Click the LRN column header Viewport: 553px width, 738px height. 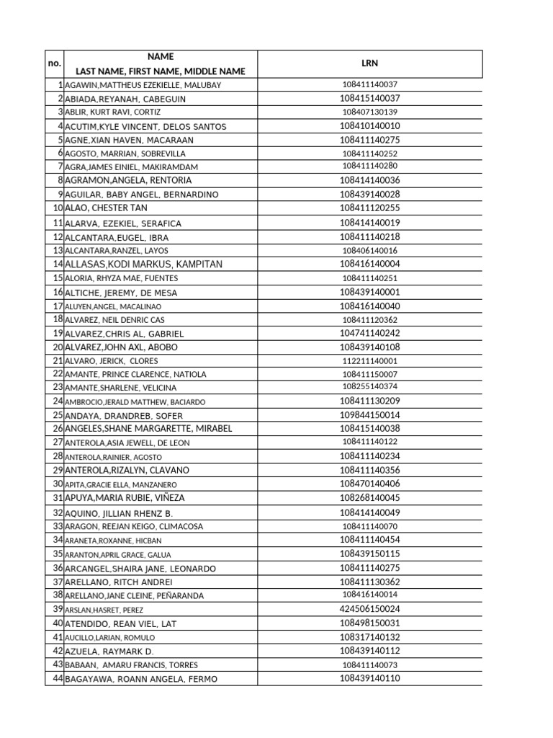point(369,63)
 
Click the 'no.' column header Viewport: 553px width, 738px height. point(54,63)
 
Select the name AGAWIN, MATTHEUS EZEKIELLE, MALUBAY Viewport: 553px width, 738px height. point(143,85)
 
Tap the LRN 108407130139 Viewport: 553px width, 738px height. point(369,112)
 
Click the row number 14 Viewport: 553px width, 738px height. point(58,264)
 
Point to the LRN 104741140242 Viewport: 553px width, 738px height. point(369,334)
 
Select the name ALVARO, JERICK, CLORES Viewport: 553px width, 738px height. point(111,361)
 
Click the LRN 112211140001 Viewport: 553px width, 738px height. point(369,361)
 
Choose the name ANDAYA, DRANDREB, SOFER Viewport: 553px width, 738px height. point(124,416)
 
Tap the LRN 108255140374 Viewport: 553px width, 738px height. point(369,388)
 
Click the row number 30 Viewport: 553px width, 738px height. point(58,484)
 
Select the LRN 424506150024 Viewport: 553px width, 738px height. point(369,609)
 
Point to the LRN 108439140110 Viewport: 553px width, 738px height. point(369,678)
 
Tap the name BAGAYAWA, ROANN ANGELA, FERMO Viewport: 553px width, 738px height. point(140,679)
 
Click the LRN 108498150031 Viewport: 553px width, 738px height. point(369,623)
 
